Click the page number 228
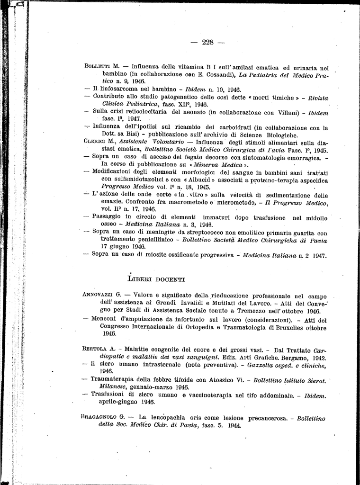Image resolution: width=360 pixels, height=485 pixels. pyautogui.click(x=208, y=42)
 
